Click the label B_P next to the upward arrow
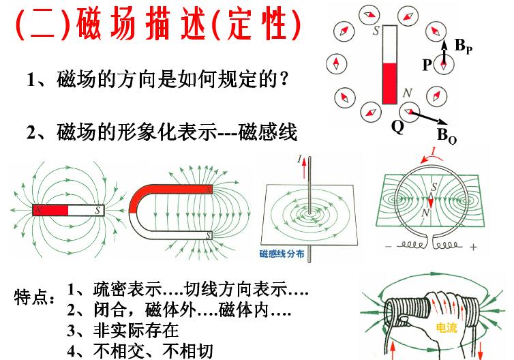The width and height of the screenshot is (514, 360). (x=463, y=46)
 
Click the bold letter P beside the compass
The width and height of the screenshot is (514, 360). (x=427, y=65)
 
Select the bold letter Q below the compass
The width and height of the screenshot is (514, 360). (x=397, y=126)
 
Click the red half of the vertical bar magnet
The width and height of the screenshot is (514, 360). (x=389, y=83)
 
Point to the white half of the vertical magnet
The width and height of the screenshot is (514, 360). (x=389, y=44)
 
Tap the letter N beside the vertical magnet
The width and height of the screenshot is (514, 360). (x=407, y=92)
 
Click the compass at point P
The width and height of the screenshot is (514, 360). (x=444, y=65)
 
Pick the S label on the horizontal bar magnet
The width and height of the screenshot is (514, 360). (x=100, y=211)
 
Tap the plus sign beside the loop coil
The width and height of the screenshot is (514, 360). (x=472, y=245)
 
